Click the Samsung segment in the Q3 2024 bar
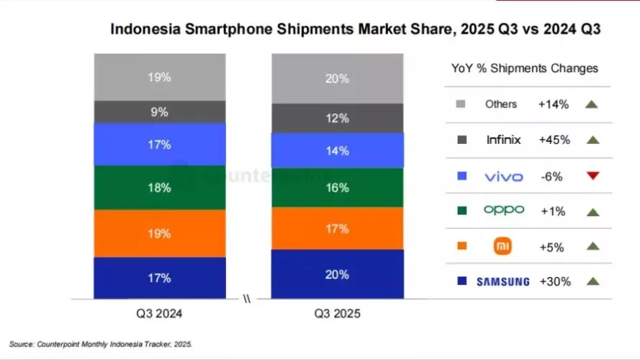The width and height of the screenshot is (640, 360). [160, 278]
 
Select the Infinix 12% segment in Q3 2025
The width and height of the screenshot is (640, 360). [337, 118]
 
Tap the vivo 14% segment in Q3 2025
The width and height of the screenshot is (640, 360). [337, 150]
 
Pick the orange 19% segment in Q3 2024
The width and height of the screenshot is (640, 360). [160, 233]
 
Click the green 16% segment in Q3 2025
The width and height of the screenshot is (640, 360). [337, 187]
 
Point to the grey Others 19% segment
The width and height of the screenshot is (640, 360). [160, 77]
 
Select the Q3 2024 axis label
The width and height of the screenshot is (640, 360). [160, 314]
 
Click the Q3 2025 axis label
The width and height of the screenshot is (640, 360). [337, 314]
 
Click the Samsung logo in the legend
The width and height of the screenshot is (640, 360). [502, 282]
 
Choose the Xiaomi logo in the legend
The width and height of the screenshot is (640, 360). [502, 246]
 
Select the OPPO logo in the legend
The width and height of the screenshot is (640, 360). [503, 210]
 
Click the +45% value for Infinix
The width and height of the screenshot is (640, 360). [554, 140]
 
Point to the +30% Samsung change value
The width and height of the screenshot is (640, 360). [554, 282]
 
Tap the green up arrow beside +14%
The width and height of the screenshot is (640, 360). [592, 104]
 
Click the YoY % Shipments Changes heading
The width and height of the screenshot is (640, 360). [524, 68]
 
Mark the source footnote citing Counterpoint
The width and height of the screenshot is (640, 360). [101, 344]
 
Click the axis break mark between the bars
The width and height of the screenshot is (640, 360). [248, 299]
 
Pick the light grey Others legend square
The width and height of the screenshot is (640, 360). [461, 104]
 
